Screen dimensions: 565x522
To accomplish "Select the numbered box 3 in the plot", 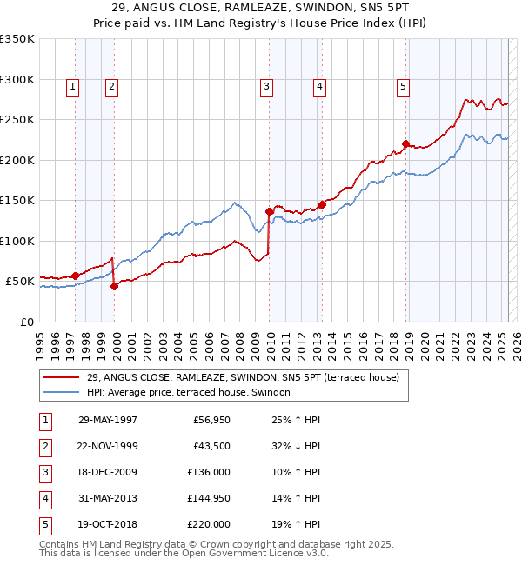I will coord(265,86).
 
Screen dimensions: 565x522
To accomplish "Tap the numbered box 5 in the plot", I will coord(403,86).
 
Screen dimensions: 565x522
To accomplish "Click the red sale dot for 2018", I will coord(406,144).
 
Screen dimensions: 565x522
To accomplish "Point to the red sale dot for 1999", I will coord(114,287).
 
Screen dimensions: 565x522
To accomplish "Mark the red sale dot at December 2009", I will coord(270,211).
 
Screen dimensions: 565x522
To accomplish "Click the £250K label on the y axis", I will coord(17,119).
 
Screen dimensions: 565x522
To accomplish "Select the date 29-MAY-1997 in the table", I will coord(107,420).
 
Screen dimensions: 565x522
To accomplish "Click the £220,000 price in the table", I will coord(209,524).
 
